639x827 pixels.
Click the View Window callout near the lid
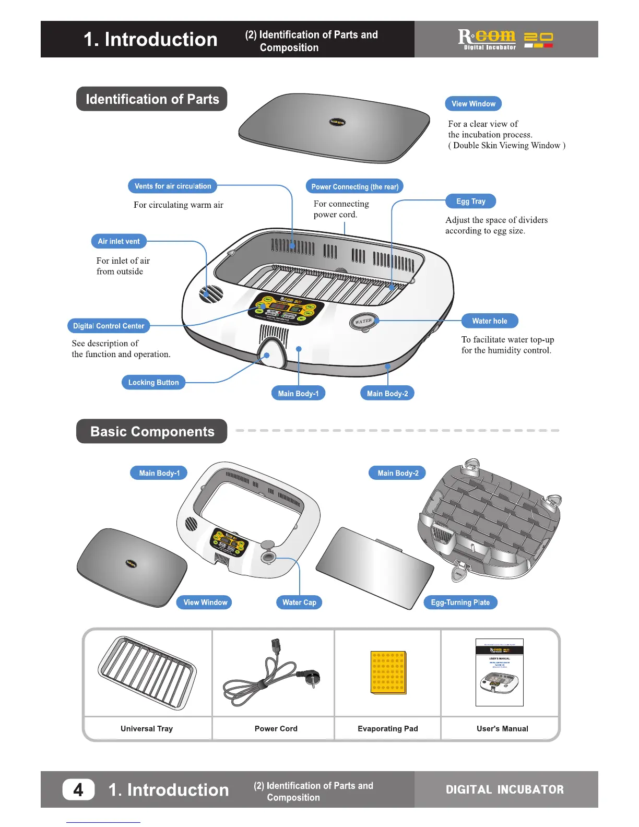(473, 104)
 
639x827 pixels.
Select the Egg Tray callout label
(470, 202)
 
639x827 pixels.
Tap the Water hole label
(489, 321)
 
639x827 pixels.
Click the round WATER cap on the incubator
(363, 321)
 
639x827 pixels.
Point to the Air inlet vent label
(119, 242)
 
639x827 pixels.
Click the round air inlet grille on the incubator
(211, 294)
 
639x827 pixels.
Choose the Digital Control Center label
(109, 326)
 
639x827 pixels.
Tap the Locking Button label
(153, 383)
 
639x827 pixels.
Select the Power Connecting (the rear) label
(354, 186)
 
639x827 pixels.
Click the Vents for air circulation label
(173, 186)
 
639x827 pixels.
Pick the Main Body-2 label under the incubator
(387, 394)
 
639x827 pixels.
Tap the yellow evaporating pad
(388, 672)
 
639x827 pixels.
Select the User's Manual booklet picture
(500, 672)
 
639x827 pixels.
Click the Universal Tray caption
(147, 729)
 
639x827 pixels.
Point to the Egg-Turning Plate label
(460, 602)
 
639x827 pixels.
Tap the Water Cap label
(299, 602)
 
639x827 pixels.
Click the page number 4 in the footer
(78, 789)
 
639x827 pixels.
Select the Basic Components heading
(152, 432)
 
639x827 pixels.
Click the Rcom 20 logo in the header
(505, 39)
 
